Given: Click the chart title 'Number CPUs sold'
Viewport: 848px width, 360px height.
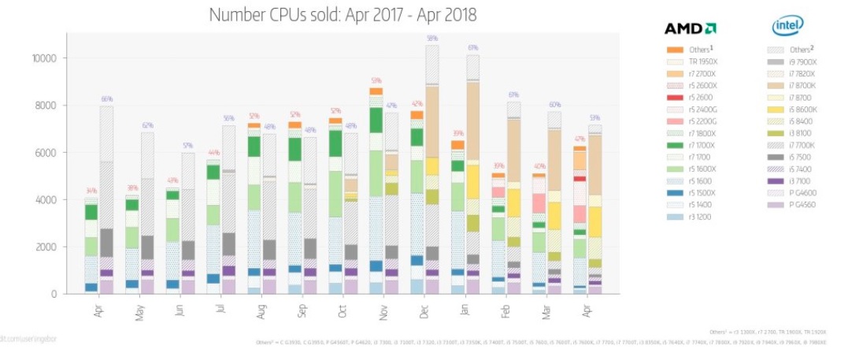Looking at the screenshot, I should click(343, 15).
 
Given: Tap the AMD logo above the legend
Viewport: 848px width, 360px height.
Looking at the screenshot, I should click(690, 29).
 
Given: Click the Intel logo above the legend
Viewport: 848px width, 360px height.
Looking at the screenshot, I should click(787, 28).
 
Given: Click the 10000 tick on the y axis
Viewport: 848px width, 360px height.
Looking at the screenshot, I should click(46, 58).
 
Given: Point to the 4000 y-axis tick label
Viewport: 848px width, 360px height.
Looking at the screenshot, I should click(48, 200).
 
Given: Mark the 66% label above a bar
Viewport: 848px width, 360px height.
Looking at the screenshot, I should click(107, 98).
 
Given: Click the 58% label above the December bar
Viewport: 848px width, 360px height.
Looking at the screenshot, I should click(432, 38).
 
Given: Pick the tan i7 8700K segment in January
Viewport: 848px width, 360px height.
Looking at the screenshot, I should click(473, 118).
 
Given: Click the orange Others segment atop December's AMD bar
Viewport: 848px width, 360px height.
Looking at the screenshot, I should click(417, 115).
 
